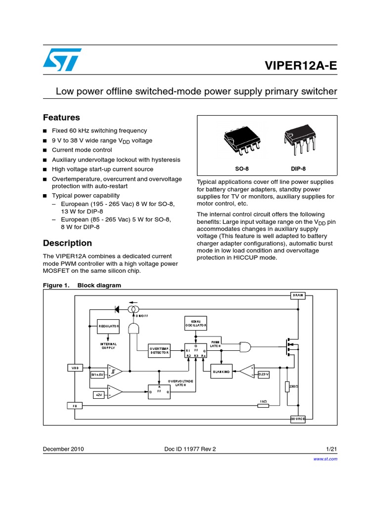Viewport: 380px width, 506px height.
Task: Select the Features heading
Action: coord(61,118)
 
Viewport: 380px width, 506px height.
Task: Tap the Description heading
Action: coord(67,243)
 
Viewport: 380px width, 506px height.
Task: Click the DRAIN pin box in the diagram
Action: coord(297,295)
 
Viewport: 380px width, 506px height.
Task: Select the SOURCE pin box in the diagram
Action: coord(297,419)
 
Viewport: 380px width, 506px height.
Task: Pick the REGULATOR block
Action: coord(108,326)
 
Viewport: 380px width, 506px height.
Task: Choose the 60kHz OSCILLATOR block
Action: coord(195,324)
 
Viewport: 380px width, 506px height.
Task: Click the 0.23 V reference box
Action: coord(263,374)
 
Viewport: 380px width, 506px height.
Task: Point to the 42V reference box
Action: coord(98,395)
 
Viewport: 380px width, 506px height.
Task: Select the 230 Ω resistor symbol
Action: coord(287,386)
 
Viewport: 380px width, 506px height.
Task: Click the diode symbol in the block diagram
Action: coord(117,309)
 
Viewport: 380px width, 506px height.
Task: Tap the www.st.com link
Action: coord(326,459)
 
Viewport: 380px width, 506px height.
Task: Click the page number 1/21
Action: coord(332,449)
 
